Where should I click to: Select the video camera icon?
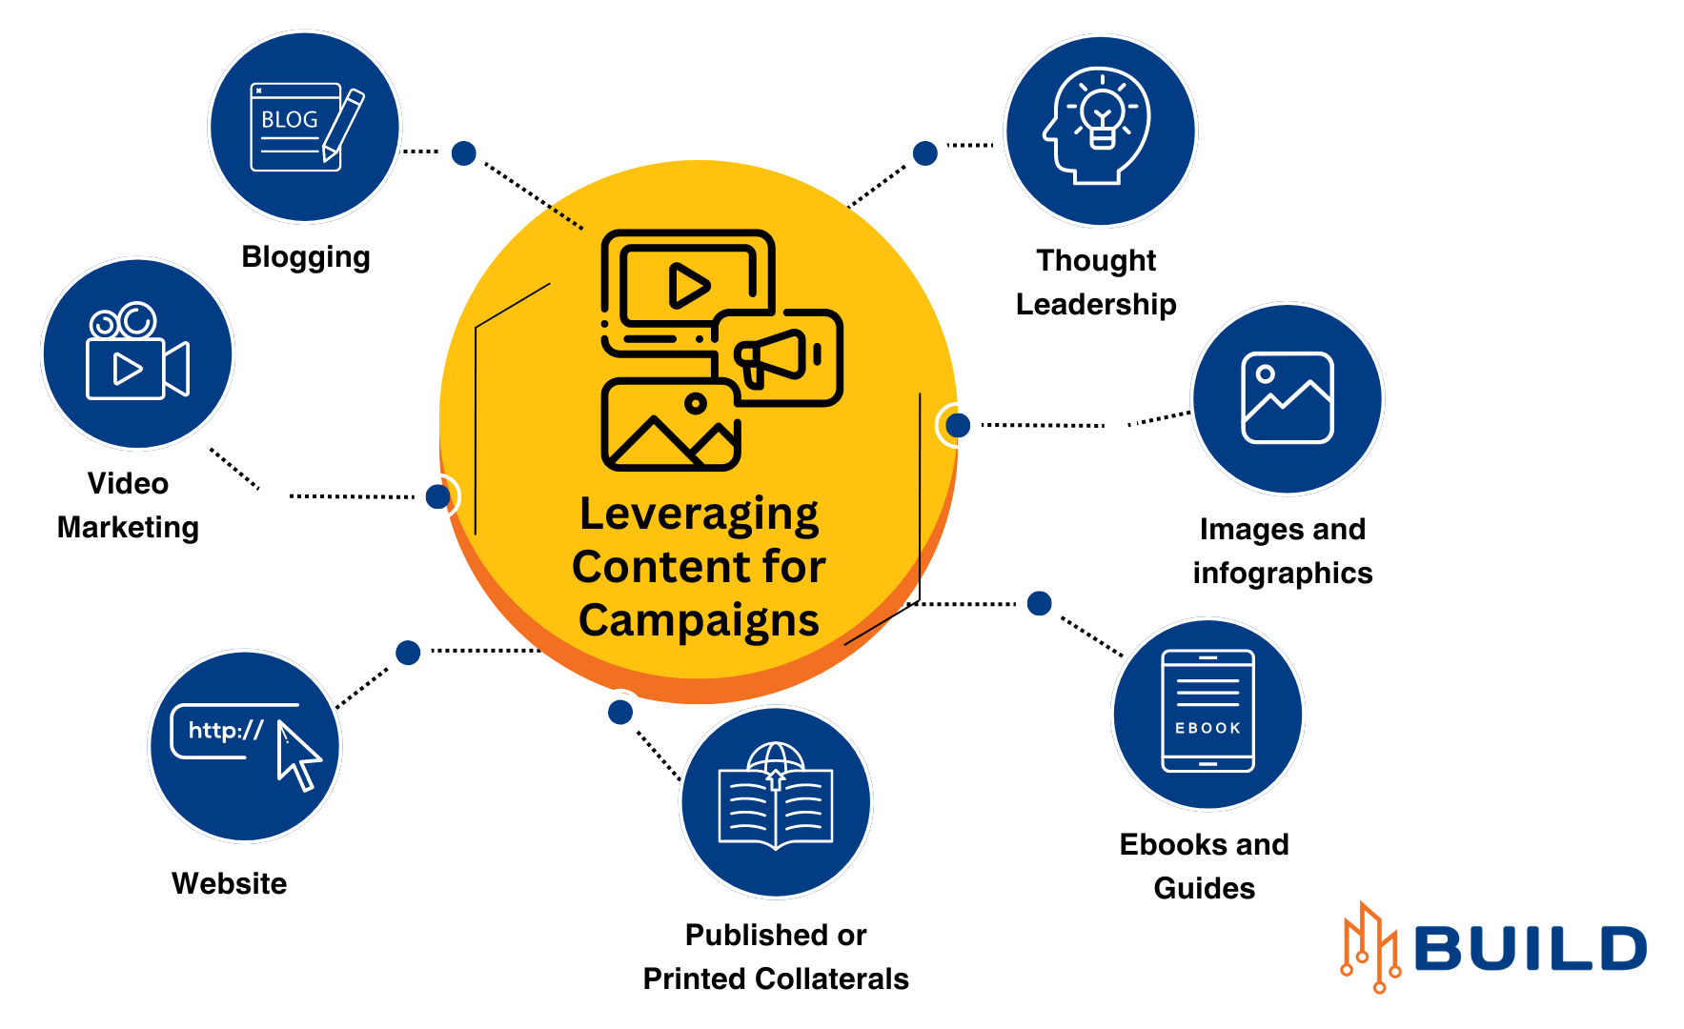pyautogui.click(x=137, y=353)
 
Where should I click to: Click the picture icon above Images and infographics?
pyautogui.click(x=1287, y=397)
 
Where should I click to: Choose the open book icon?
pyautogui.click(x=776, y=798)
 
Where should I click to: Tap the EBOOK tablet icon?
pyautogui.click(x=1207, y=712)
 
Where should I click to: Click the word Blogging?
pyautogui.click(x=306, y=257)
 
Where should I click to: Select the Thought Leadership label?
pyautogui.click(x=1096, y=282)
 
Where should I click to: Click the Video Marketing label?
pyautogui.click(x=128, y=505)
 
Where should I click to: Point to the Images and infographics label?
pyautogui.click(x=1283, y=551)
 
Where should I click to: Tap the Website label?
pyautogui.click(x=230, y=883)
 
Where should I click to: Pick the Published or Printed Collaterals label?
pyautogui.click(x=776, y=957)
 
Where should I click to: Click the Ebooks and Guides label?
pyautogui.click(x=1205, y=866)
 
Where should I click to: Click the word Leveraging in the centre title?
pyautogui.click(x=699, y=514)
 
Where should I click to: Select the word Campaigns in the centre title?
pyautogui.click(x=699, y=620)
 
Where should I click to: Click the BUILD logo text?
pyautogui.click(x=1531, y=949)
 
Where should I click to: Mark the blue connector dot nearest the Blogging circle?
pyautogui.click(x=464, y=153)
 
